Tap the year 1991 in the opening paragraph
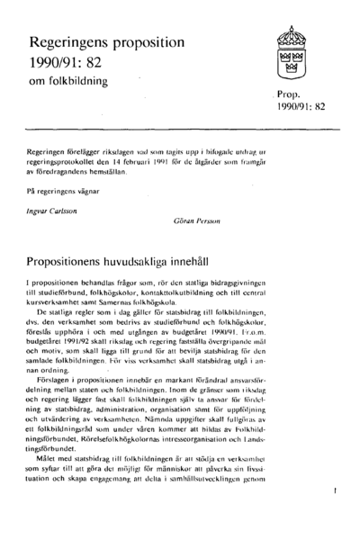pyautogui.click(x=157, y=163)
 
